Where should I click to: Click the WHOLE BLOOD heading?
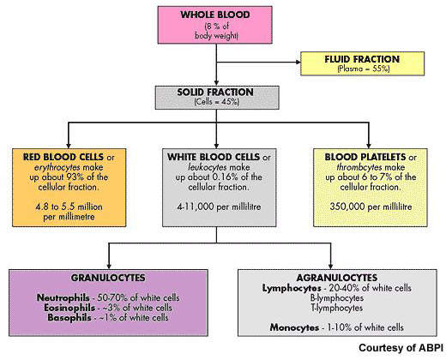215,15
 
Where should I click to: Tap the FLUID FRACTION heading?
362,59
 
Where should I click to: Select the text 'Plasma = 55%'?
364,69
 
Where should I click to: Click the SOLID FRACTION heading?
215,93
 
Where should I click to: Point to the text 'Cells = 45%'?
216,102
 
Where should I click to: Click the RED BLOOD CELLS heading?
63,157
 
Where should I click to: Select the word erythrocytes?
57,167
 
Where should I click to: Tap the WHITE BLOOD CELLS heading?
214,157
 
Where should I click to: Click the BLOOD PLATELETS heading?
365,157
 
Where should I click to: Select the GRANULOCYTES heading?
108,278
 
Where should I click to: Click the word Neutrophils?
63,297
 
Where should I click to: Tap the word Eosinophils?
69,308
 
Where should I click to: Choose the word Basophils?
69,318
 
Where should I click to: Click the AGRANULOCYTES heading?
337,278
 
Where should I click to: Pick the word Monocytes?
294,327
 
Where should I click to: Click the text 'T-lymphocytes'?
337,308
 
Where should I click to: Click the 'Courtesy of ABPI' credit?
401,348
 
